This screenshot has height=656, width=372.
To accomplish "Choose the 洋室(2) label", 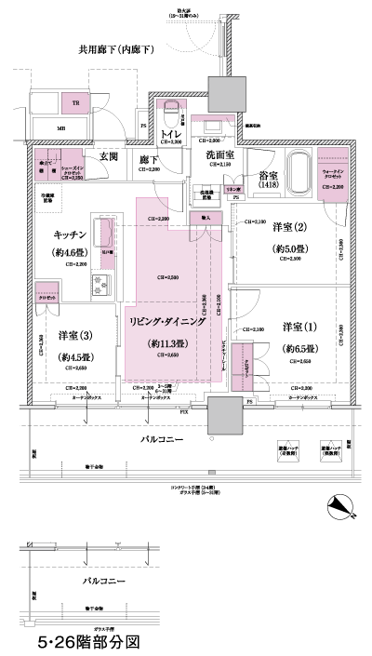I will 290,225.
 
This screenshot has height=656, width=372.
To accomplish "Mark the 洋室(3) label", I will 74,335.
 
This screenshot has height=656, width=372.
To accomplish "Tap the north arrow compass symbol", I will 343,508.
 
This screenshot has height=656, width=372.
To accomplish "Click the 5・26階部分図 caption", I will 88,641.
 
